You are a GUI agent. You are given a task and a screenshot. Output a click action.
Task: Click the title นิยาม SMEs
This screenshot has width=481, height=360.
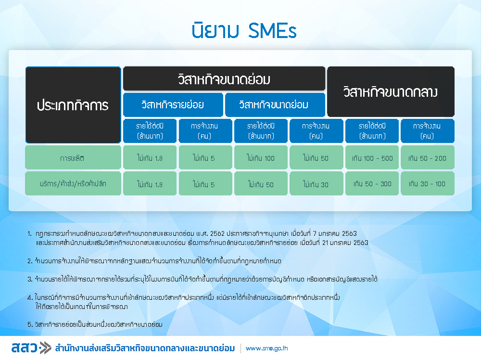point(244,30)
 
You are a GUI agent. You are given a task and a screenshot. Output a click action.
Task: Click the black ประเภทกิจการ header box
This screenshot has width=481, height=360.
point(73,105)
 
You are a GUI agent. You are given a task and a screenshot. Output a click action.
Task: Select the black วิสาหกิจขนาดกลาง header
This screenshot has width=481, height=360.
point(391,92)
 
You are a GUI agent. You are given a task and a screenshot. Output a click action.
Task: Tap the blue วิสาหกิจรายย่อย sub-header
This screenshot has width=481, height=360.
point(173,104)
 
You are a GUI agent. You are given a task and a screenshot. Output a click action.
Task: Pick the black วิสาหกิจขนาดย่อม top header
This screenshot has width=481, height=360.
point(224,79)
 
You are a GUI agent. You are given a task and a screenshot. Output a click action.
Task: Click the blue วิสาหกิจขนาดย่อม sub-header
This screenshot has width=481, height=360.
point(275,104)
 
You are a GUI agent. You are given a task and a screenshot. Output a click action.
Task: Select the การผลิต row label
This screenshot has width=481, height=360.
point(73,158)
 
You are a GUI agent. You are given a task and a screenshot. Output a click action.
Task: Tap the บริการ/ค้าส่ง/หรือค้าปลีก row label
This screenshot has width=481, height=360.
point(73,183)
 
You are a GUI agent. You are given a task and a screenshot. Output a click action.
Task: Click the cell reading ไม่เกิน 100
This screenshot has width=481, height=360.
point(261,158)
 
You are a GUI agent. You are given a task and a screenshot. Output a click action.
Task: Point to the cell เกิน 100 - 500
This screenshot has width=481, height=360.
point(372,158)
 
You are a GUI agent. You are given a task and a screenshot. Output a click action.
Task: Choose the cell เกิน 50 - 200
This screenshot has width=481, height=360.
point(427,158)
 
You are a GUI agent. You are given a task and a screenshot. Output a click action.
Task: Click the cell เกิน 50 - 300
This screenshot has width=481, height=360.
point(372,183)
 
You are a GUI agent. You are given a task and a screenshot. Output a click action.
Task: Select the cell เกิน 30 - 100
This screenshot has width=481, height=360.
point(427,183)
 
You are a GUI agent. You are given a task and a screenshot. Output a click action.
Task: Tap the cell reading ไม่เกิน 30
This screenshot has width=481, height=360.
point(316,183)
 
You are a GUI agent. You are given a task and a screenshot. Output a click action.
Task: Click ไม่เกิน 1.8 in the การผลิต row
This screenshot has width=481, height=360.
point(150,158)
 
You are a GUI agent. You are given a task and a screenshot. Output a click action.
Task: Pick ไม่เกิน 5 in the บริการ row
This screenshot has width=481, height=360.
point(205,183)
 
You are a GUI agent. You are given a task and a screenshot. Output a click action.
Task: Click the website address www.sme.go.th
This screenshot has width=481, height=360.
point(266,348)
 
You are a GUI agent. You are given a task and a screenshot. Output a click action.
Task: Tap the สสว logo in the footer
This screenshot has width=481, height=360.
point(31,347)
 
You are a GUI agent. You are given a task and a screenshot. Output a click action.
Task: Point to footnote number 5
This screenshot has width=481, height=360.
point(30,324)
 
